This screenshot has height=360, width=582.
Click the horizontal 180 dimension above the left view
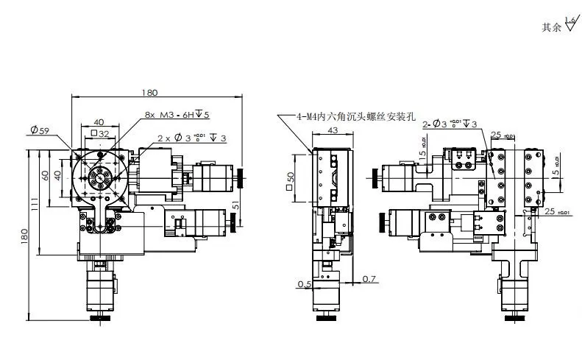pos(150,93)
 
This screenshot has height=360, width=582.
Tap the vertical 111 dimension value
pos(35,205)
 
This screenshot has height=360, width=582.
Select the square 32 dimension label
pos(99,134)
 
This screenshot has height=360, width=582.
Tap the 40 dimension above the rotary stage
pos(98,122)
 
